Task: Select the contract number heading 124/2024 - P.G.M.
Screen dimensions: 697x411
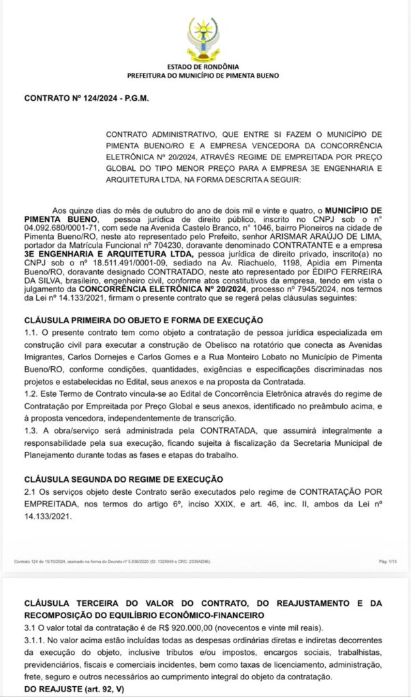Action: coord(87,99)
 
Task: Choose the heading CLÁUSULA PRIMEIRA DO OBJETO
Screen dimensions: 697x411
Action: coord(143,320)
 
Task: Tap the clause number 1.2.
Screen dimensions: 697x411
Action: coord(31,393)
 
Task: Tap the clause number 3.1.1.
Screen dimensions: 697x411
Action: coord(35,639)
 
